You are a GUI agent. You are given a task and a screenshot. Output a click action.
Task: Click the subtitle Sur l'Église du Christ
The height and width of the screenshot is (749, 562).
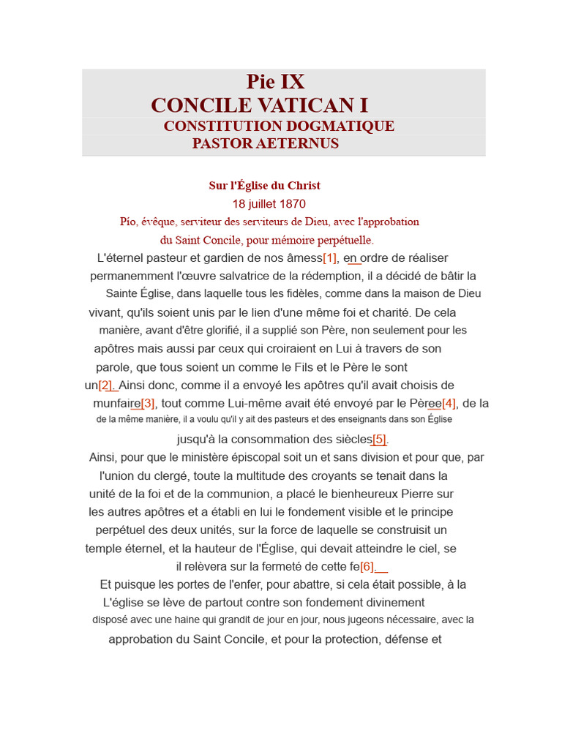point(264,186)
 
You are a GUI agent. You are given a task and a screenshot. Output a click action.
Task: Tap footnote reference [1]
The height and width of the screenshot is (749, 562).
point(330,258)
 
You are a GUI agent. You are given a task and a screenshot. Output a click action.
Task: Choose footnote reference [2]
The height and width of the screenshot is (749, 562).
point(106,385)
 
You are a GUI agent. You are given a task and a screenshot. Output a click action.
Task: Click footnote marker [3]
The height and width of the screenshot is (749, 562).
point(148,403)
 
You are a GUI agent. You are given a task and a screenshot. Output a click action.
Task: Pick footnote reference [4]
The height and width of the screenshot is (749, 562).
point(449,403)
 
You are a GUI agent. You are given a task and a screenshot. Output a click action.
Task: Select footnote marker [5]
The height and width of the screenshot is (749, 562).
point(379,440)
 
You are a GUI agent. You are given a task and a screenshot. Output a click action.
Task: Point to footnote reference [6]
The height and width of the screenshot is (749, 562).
point(367,566)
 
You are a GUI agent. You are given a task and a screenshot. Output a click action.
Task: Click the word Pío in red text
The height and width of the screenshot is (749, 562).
point(129,222)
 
